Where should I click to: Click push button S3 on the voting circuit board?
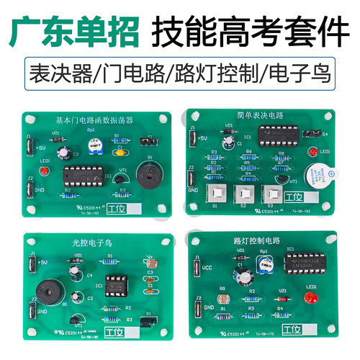pyautogui.click(x=271, y=193)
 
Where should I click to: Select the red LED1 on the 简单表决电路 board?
pyautogui.click(x=314, y=151)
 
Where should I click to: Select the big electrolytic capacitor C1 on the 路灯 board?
pyautogui.click(x=246, y=274)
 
